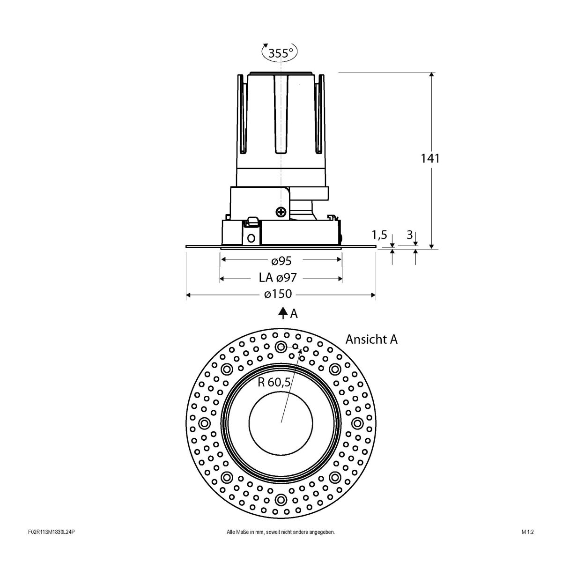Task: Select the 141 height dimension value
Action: pyautogui.click(x=430, y=158)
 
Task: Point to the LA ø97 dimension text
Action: pyautogui.click(x=278, y=278)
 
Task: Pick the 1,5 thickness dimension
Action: pyautogui.click(x=379, y=235)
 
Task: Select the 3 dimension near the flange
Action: pyautogui.click(x=409, y=235)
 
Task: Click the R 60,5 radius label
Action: pyautogui.click(x=274, y=382)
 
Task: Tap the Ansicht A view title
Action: pyautogui.click(x=371, y=340)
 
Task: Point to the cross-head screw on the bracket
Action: pyautogui.click(x=281, y=212)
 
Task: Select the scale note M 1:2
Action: pyautogui.click(x=527, y=545)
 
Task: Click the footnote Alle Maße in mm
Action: pyautogui.click(x=281, y=545)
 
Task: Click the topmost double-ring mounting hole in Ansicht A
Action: pyautogui.click(x=281, y=347)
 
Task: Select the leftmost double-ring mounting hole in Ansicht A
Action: pyautogui.click(x=205, y=423)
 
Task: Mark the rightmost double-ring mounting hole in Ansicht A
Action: pyautogui.click(x=357, y=423)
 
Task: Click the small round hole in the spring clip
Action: pyautogui.click(x=251, y=238)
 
